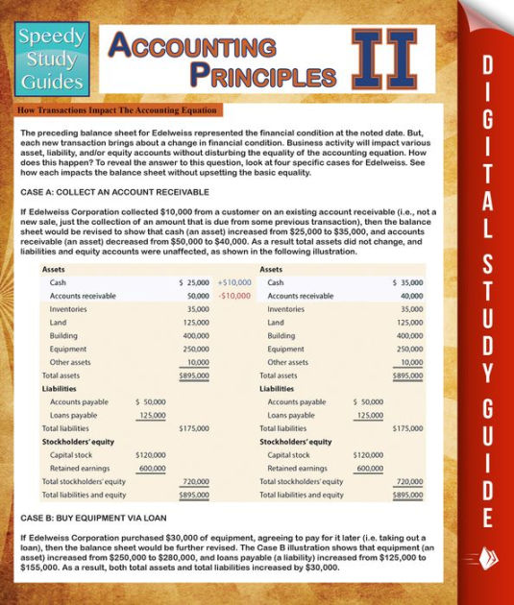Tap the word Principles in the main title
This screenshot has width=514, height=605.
click(260, 74)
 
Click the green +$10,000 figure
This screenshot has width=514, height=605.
click(234, 282)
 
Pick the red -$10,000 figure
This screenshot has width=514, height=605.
click(234, 296)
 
